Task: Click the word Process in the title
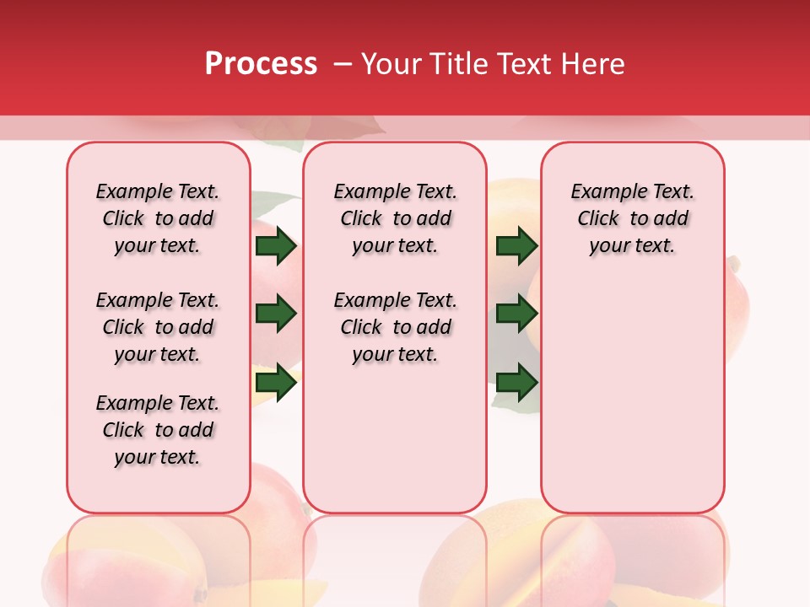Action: point(261,64)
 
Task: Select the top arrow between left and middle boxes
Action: point(276,246)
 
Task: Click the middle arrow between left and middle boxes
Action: point(276,314)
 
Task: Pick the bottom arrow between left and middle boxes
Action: point(276,383)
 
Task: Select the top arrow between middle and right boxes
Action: point(516,246)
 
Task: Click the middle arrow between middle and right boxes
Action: point(516,314)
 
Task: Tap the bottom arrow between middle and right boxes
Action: point(516,383)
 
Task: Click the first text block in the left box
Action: point(158,218)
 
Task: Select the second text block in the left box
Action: point(158,327)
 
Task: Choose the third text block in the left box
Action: point(158,430)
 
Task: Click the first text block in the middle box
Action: point(395,218)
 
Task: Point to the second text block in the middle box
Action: point(395,327)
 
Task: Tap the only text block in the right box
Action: point(632,218)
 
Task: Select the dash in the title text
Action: point(343,64)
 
